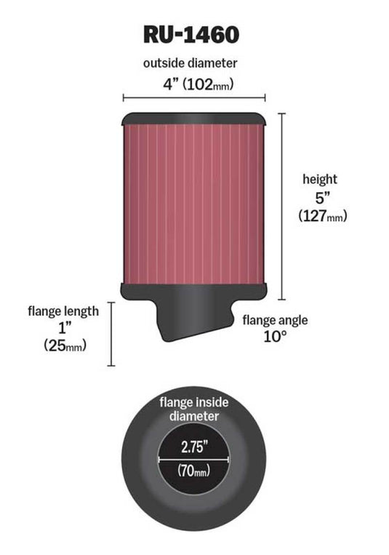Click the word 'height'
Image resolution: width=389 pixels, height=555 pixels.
(319, 179)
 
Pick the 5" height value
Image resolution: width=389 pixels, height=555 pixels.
(318, 197)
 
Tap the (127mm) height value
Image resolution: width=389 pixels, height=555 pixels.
(319, 216)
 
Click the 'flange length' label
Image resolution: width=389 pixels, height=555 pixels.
(63, 311)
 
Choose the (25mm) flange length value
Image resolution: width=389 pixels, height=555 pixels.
(63, 347)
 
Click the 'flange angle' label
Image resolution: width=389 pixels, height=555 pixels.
(275, 319)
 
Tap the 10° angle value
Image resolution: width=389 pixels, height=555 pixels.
(275, 337)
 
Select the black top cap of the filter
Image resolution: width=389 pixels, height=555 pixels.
(193, 118)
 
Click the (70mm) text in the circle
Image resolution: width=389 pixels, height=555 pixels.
(194, 471)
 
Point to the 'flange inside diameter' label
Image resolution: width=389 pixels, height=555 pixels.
(194, 409)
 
